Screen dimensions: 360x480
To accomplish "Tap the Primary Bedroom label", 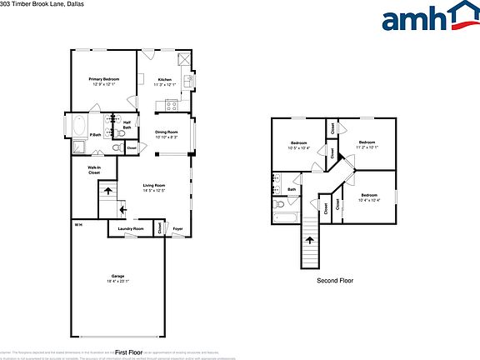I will (105, 81).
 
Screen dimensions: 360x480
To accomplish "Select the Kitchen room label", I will (164, 81).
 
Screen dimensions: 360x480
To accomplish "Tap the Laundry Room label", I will (131, 228).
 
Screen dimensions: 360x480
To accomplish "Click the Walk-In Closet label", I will (94, 170).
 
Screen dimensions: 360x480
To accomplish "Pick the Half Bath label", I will (127, 126).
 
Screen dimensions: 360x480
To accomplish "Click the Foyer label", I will (177, 228).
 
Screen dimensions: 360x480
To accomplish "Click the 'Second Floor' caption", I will (335, 281).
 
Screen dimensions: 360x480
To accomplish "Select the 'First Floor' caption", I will (130, 352).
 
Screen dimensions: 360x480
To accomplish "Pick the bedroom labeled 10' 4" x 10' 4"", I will (369, 198).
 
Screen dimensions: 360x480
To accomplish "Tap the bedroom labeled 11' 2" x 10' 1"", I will (367, 145).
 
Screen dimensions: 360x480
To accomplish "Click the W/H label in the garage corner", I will (78, 226).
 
